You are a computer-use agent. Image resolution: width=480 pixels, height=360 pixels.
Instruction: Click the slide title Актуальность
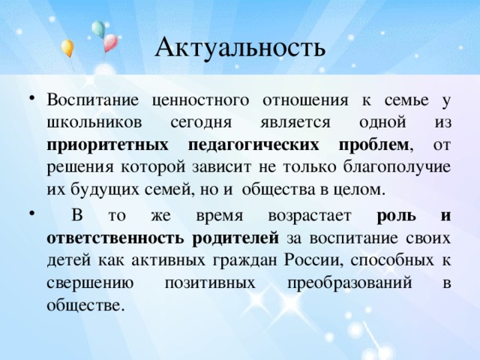(240, 47)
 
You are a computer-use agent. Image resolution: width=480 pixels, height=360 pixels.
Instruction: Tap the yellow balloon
(67, 48)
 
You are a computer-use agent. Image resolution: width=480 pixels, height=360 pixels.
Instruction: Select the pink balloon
(110, 43)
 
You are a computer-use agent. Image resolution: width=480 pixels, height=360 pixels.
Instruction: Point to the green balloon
(98, 29)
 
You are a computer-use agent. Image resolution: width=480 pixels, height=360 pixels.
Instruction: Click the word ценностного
(200, 100)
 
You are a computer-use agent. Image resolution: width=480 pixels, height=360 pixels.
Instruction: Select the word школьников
(94, 122)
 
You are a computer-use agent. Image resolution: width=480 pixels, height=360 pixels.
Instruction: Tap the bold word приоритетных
(107, 145)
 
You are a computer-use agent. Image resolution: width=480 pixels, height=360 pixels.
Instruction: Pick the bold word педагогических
(253, 145)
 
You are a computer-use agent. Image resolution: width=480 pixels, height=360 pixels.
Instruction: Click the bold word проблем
(373, 145)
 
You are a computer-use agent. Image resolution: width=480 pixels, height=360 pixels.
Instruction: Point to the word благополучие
(397, 168)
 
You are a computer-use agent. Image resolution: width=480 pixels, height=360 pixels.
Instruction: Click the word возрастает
(310, 216)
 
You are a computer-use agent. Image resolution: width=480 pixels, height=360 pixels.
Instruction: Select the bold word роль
(397, 216)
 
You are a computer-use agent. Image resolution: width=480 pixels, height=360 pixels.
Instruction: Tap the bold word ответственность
(115, 238)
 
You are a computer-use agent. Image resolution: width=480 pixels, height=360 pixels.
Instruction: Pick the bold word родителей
(235, 238)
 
